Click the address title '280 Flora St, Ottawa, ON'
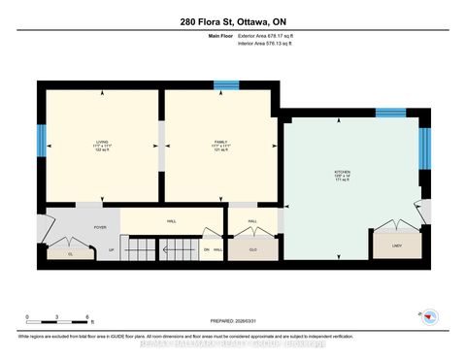232,22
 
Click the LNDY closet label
397,246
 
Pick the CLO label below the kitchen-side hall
252,249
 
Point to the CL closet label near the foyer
69,253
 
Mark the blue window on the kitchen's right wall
423,148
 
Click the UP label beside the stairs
112,250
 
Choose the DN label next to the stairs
206,250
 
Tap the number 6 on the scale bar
88,318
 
